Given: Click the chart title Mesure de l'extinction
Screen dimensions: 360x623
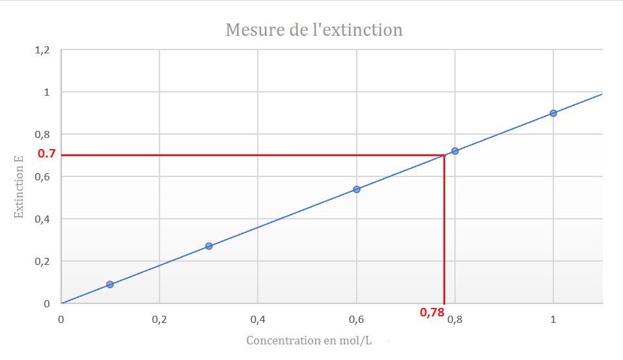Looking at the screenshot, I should [x=314, y=30].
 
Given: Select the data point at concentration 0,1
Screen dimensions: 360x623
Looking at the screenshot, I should [x=110, y=284].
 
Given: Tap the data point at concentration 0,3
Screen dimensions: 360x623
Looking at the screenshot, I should [x=209, y=246].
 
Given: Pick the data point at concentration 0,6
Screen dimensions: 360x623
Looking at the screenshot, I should [x=357, y=189].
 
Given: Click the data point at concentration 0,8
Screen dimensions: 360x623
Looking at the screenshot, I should [x=455, y=151].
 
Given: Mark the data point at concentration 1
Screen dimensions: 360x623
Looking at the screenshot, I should [x=553, y=113].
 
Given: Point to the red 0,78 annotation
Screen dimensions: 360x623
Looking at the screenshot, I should [x=432, y=312].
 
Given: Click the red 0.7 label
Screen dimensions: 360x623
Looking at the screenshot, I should [x=46, y=154].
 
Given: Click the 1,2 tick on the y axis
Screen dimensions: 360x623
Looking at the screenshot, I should [x=42, y=50].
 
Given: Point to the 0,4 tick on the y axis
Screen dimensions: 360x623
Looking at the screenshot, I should [x=42, y=219].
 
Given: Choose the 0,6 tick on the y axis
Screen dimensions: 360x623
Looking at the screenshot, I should [x=42, y=176].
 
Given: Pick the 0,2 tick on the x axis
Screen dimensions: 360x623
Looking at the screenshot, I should [x=159, y=319].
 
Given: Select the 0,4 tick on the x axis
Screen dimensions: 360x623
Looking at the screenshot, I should [x=258, y=319].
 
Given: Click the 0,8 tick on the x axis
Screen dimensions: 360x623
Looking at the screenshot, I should [x=456, y=319].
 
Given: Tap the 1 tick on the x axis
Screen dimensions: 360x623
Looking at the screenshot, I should [x=553, y=319].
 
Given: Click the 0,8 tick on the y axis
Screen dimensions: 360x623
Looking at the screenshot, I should [x=42, y=135].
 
